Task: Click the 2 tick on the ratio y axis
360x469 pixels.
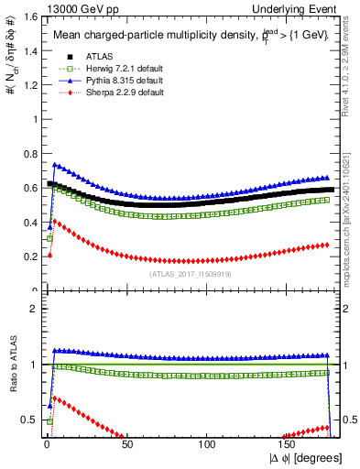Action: click(33, 309)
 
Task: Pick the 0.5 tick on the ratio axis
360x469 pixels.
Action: click(29, 420)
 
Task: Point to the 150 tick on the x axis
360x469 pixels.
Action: click(289, 444)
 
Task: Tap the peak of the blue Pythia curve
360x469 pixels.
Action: click(55, 165)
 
